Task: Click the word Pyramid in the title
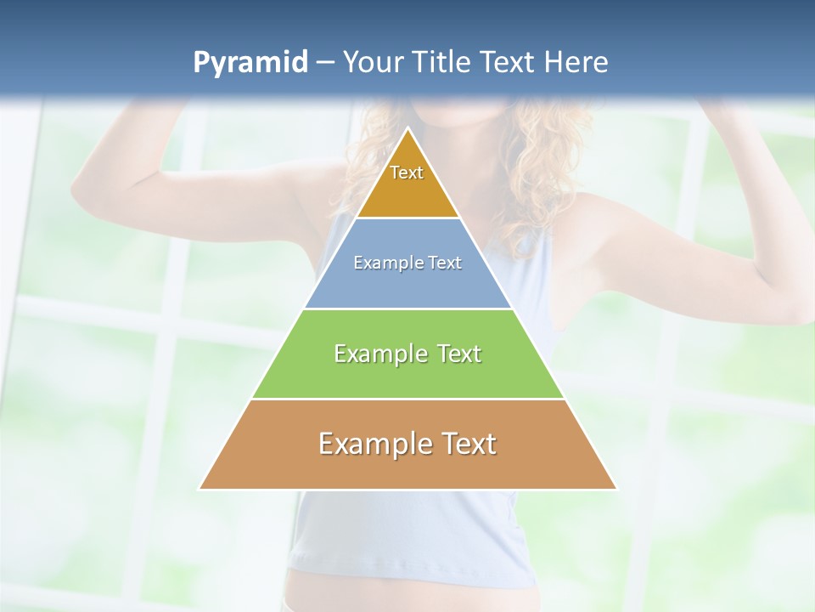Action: point(250,63)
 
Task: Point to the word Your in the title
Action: point(372,62)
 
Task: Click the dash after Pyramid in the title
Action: point(324,63)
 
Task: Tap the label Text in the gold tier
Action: point(407,173)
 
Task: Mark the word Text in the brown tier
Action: point(465,444)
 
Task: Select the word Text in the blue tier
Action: point(446,263)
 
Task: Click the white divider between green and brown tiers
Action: point(407,399)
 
